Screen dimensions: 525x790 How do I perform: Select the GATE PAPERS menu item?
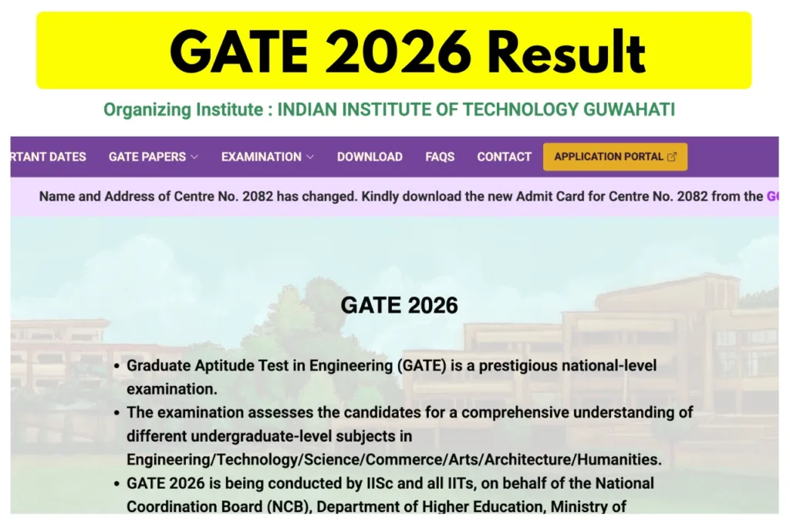[x=147, y=157]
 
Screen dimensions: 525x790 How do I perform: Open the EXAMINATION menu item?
[x=262, y=157]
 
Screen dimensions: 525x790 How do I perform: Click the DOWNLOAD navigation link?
[x=370, y=157]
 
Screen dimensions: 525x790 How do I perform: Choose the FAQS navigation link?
[x=440, y=157]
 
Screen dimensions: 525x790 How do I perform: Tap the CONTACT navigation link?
[x=505, y=157]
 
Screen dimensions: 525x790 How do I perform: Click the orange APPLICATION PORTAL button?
[x=615, y=157]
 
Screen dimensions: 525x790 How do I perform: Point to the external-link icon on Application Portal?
[x=671, y=157]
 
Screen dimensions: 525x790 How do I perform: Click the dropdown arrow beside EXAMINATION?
[x=310, y=157]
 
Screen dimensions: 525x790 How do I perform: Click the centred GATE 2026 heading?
[x=400, y=305]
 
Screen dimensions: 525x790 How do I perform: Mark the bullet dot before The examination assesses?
[x=116, y=412]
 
